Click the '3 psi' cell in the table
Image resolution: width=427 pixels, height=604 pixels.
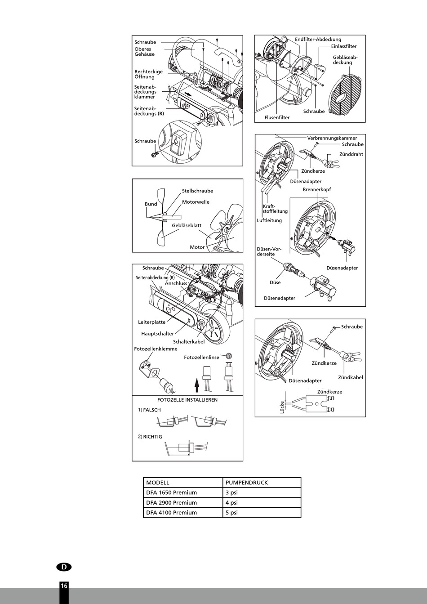pos(231,492)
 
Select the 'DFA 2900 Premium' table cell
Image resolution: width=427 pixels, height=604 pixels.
pos(171,502)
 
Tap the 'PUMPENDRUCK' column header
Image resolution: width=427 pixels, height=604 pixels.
pos(246,483)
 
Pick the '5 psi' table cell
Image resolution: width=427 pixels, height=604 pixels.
pos(231,512)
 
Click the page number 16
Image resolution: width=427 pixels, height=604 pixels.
pos(64,586)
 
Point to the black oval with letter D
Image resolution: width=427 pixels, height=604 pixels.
pos(64,567)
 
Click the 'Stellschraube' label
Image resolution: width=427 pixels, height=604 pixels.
pos(197,191)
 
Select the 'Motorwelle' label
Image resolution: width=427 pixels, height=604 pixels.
pos(196,202)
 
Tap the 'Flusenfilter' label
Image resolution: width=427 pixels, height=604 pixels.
pos(277,117)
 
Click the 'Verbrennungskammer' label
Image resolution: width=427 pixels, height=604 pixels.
pos(332,138)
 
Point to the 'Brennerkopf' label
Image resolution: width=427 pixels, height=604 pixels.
pos(316,189)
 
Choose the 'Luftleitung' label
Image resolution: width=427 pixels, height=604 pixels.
pos(269,220)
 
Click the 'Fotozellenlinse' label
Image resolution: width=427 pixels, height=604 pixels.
pos(201,357)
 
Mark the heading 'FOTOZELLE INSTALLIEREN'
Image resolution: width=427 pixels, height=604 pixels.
pos(187,400)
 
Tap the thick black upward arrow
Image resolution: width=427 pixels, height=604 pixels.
pos(196,385)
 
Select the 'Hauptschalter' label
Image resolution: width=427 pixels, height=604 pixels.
pos(157,334)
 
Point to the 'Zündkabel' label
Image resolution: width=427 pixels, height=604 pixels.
pos(350,377)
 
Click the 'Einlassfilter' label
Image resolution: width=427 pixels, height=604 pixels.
pos(344,46)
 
